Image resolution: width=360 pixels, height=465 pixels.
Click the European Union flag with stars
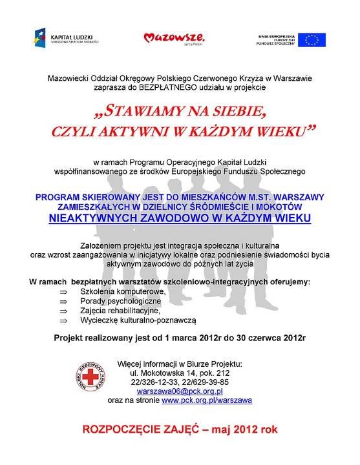point(312,39)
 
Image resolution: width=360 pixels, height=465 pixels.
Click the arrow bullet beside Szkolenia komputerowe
point(63,293)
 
